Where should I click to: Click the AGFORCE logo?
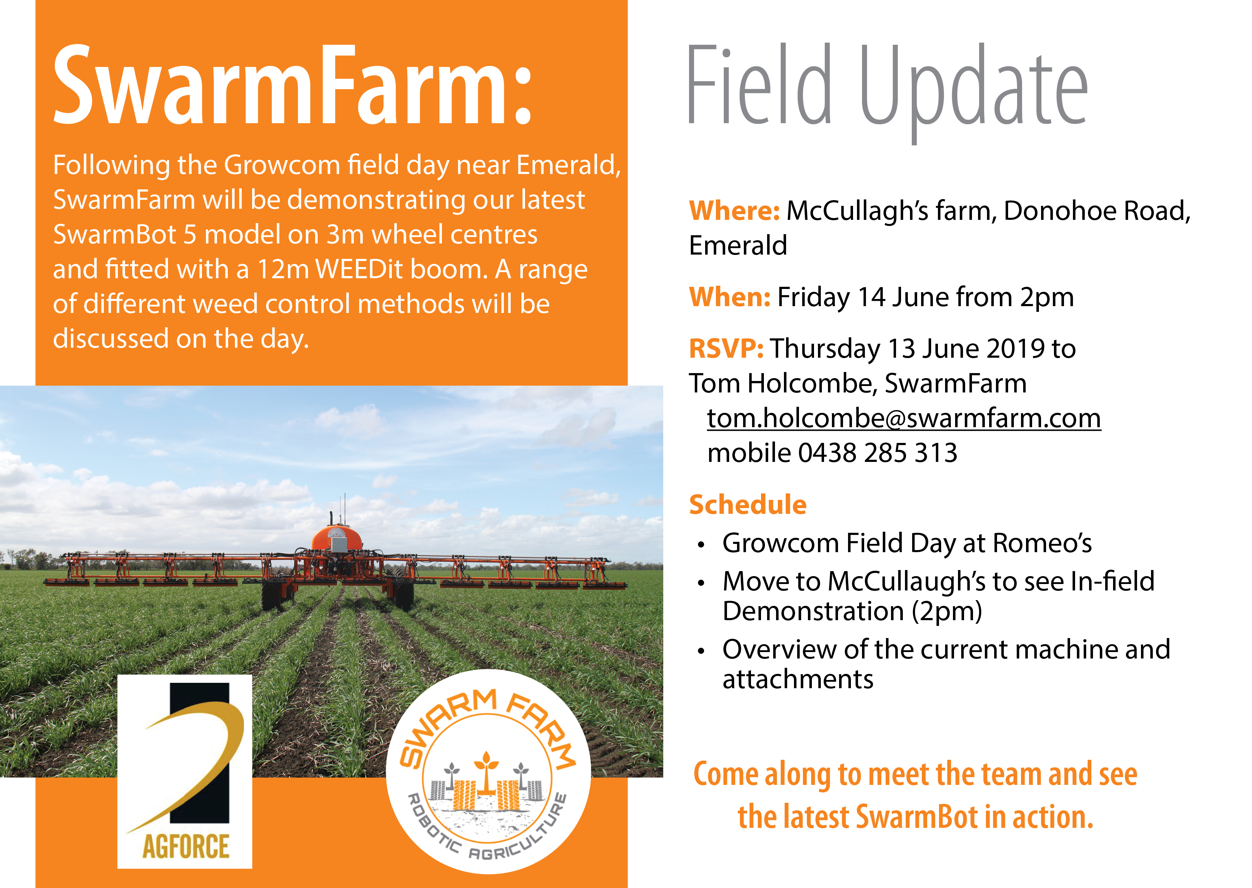185,772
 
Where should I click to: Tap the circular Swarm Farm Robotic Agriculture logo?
488,772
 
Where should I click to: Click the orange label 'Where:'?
734,211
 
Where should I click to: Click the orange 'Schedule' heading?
747,504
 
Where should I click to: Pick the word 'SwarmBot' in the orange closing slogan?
916,817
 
